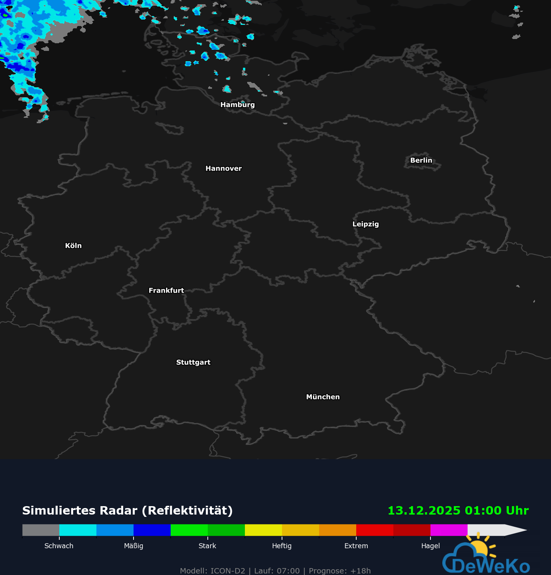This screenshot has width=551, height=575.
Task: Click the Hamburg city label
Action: [x=237, y=104]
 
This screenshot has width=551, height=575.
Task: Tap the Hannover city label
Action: [x=223, y=168]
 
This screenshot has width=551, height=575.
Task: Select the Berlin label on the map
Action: [x=421, y=160]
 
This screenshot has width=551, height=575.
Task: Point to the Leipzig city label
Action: [x=365, y=224]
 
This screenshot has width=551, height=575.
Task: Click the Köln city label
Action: [x=73, y=246]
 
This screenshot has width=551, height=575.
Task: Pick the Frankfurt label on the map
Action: [x=166, y=290]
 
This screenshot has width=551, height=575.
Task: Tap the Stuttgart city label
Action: [x=193, y=362]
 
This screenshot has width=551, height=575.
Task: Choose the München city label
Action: [x=323, y=397]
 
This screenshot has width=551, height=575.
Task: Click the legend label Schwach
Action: [x=59, y=546]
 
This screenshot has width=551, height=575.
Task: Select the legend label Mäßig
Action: [x=134, y=546]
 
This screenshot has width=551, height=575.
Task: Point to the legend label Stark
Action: [x=207, y=546]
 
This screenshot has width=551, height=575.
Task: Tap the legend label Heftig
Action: [x=282, y=546]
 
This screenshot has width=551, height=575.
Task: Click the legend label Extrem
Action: [x=356, y=546]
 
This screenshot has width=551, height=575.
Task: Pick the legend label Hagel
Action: [x=430, y=546]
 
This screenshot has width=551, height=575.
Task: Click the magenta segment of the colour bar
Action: [x=449, y=530]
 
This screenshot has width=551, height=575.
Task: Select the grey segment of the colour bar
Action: [x=41, y=530]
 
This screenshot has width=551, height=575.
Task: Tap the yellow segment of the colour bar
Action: [x=263, y=530]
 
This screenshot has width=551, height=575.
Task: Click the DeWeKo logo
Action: [x=486, y=559]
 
